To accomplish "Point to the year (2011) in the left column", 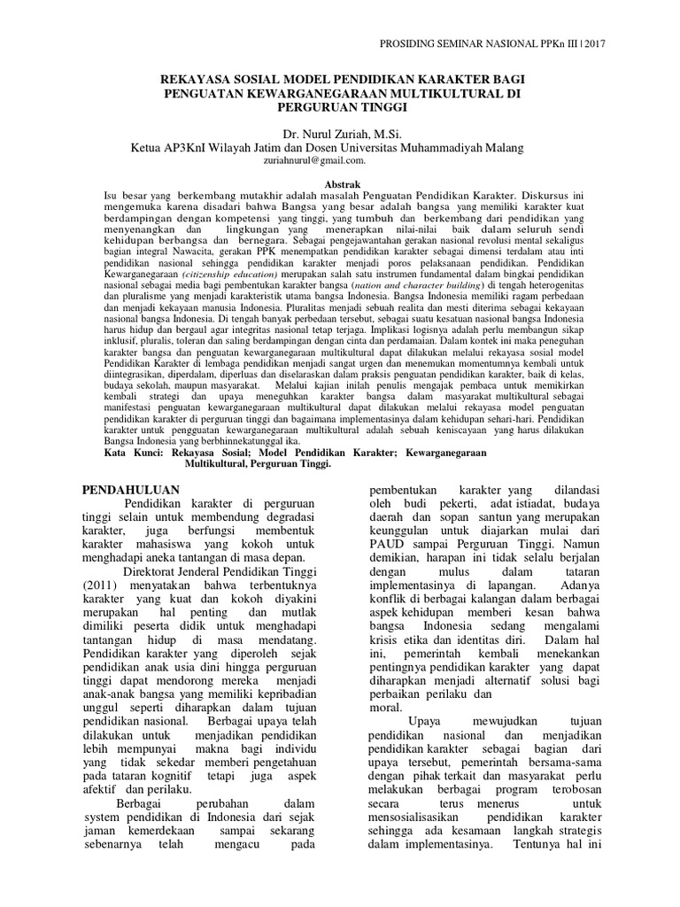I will tap(103, 586).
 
